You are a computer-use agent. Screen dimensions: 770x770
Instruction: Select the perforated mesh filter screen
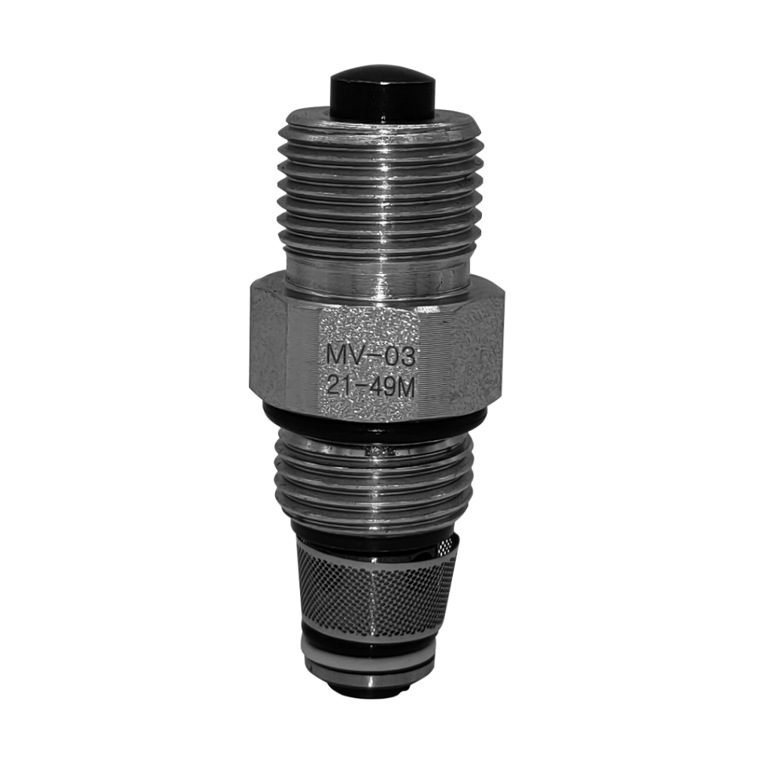point(377,590)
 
